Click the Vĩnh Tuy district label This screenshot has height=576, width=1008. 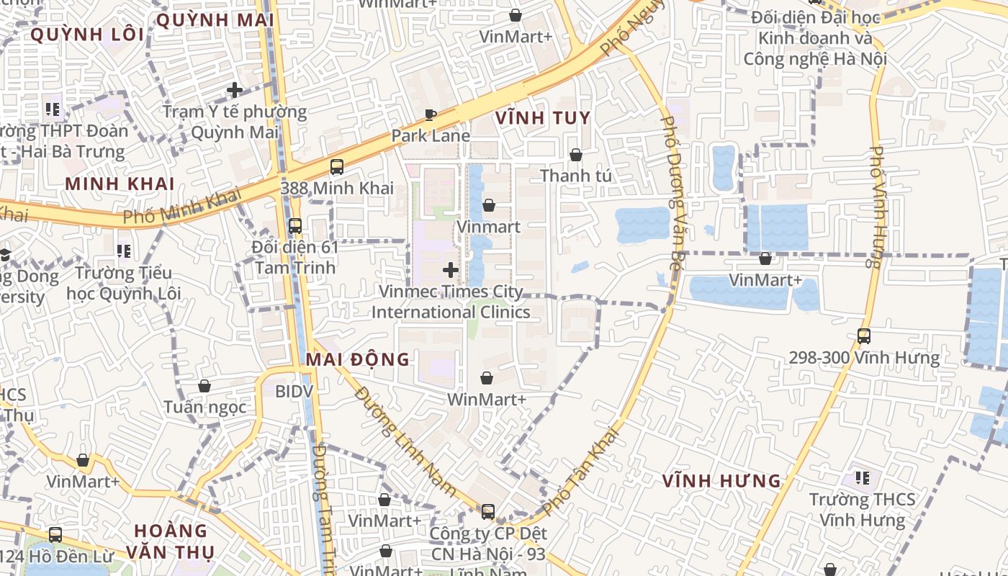click(x=543, y=118)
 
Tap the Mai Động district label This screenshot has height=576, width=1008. click(x=358, y=359)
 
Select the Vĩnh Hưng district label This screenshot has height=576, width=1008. click(x=721, y=480)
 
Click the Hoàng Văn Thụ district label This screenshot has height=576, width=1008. click(x=170, y=541)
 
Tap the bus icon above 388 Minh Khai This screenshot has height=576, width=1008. click(x=336, y=167)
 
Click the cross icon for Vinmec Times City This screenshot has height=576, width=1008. click(x=451, y=270)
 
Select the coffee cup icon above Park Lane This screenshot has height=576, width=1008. click(x=431, y=114)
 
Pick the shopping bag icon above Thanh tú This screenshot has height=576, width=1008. click(x=575, y=155)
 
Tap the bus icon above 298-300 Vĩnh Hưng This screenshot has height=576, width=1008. click(x=863, y=336)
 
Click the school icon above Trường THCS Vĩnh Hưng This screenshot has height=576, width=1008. click(x=862, y=477)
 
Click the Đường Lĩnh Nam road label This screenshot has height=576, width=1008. click(x=406, y=441)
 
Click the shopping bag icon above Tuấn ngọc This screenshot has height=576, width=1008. click(x=204, y=386)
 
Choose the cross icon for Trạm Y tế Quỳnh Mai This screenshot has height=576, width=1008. click(x=234, y=90)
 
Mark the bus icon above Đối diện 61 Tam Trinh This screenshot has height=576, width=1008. click(x=294, y=226)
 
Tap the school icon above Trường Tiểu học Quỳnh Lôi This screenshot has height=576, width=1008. click(x=123, y=251)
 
